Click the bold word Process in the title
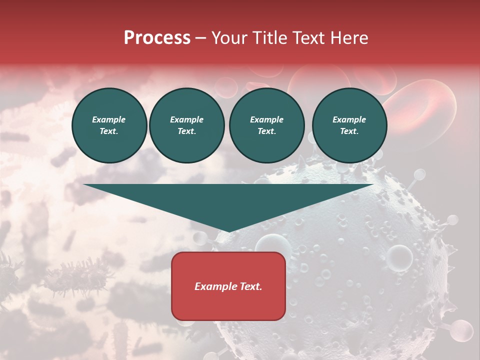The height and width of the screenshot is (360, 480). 157,38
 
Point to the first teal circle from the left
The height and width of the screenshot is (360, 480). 109,125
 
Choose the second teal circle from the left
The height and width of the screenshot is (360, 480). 186,125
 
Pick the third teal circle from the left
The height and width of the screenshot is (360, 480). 266,125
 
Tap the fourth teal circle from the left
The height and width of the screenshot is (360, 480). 349,125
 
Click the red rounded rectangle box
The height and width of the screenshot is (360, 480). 228,286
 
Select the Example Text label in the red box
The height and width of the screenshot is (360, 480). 228,286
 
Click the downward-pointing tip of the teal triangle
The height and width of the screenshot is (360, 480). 228,230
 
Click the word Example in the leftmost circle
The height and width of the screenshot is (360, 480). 109,119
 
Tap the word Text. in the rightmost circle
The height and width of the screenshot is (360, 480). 349,131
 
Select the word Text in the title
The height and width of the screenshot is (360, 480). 309,38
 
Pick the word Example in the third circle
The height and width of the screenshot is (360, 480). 266,119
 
